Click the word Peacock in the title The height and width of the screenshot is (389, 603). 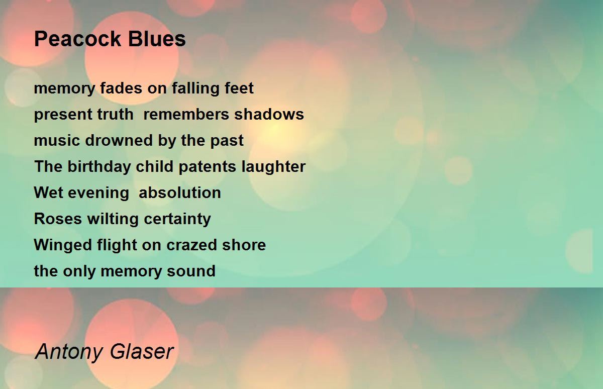78,39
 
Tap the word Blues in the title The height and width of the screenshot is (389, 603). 157,39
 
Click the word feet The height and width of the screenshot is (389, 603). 239,88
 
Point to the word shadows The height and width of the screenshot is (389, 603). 269,114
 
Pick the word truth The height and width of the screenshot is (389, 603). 115,114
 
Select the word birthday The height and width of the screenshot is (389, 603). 99,167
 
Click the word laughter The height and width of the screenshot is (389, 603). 273,167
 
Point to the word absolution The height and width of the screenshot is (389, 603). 180,193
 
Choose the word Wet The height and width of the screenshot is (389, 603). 49,193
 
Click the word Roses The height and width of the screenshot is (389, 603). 58,219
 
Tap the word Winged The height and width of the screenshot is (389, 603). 63,245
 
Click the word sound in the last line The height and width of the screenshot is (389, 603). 191,271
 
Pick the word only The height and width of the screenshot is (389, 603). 79,271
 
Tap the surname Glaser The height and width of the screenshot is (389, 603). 142,351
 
